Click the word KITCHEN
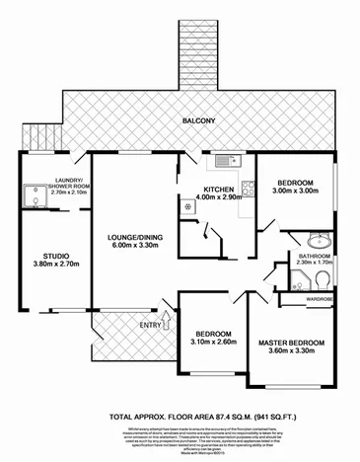pyautogui.click(x=217, y=190)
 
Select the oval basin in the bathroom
pyautogui.click(x=319, y=240)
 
